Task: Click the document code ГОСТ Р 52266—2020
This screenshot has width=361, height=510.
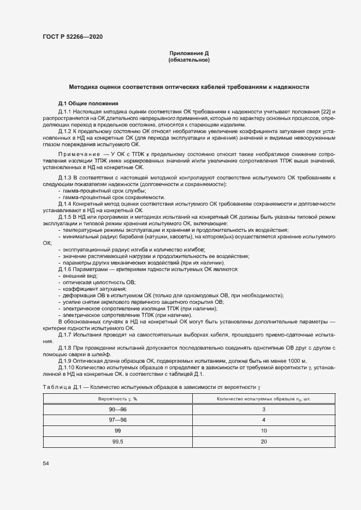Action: pos(72,37)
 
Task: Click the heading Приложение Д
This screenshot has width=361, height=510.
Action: pos(189,53)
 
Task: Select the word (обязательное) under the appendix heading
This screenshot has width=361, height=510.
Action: pos(189,60)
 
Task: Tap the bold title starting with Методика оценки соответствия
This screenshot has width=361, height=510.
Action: pos(189,87)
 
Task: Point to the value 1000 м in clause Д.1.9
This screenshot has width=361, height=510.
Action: pos(297,362)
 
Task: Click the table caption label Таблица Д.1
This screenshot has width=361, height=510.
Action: pos(62,387)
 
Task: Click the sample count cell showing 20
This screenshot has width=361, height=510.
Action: pos(263,441)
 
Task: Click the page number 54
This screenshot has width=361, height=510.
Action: pos(46,464)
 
